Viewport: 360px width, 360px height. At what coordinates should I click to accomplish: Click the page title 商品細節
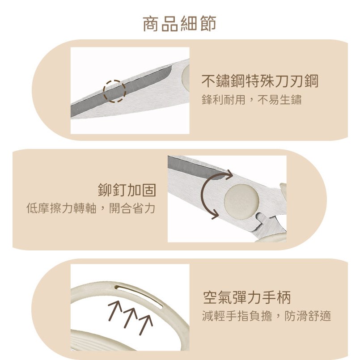pos(179,23)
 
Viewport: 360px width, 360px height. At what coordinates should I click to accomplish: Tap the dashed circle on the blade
pos(114,80)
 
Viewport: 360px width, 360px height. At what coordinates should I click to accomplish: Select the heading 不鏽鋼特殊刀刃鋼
pos(260,81)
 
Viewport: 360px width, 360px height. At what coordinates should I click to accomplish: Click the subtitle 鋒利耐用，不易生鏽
pos(251,100)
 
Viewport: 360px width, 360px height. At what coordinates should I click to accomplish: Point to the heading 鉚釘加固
pos(127,190)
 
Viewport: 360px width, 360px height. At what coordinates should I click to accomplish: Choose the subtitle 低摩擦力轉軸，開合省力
pos(91,208)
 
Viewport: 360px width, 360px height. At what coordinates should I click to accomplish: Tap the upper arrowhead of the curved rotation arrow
pos(229,175)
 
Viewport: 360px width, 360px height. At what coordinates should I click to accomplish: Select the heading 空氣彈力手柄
pos(247,297)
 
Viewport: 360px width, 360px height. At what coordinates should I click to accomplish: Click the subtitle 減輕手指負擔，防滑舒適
pos(267,316)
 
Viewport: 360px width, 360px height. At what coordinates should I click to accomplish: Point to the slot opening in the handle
pos(139,296)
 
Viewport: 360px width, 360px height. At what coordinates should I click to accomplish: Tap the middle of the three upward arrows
pos(130,318)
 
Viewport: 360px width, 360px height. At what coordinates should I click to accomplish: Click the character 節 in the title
pos(208,23)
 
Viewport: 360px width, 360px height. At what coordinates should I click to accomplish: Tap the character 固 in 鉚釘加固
pos(149,190)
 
